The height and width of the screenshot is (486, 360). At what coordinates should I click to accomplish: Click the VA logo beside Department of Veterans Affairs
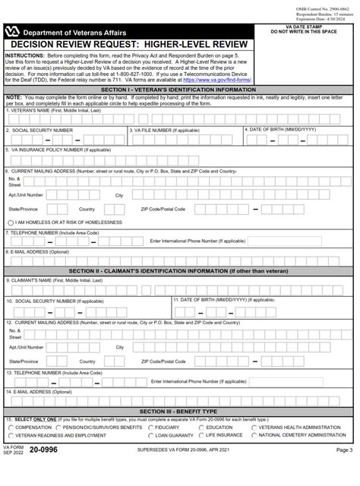(14, 32)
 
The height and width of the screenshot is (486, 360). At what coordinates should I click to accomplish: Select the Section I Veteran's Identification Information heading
(179, 89)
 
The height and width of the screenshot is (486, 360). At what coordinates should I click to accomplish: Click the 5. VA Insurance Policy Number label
(60, 150)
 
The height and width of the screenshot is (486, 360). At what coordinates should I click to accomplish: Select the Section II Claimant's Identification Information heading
(179, 270)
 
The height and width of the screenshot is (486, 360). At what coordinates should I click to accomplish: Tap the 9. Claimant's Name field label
(49, 280)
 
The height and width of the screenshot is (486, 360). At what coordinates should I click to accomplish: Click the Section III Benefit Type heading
(179, 411)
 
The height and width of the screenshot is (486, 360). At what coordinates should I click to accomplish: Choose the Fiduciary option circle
(150, 428)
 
